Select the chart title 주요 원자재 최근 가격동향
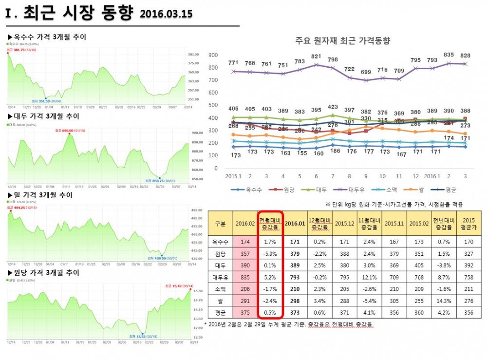(x=343, y=41)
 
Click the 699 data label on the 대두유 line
(x=366, y=72)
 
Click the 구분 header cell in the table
(x=220, y=223)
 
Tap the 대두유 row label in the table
(x=220, y=277)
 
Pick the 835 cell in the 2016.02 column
(x=245, y=277)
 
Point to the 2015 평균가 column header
(x=468, y=223)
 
